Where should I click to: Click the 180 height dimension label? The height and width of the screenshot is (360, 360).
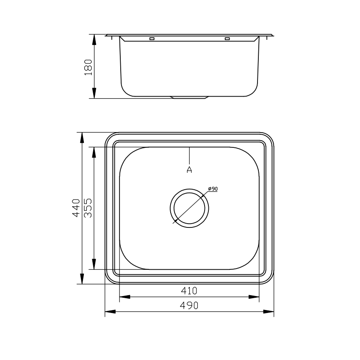88,67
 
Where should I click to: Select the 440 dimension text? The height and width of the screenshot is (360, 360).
76,208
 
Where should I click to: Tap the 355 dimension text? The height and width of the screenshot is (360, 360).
88,208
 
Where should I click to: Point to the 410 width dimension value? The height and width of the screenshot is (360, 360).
189,291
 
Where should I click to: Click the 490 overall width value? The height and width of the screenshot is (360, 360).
189,305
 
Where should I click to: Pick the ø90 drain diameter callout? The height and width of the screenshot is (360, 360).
212,189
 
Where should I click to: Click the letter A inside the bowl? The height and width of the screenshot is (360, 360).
189,169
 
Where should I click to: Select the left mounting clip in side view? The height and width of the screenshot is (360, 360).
152,39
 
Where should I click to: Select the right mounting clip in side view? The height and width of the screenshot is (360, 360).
227,39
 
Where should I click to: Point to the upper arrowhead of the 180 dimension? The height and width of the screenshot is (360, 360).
94,39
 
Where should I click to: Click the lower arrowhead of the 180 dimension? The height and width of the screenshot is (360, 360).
94,94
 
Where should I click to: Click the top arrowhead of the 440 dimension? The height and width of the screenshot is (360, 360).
81,138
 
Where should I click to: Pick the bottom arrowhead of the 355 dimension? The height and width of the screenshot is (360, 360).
94,264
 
